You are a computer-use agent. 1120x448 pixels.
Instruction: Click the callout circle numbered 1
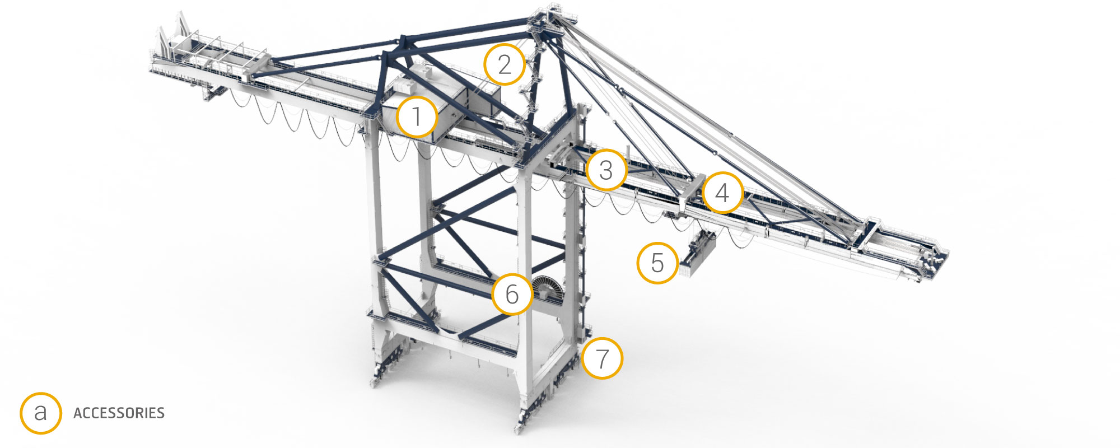(417, 118)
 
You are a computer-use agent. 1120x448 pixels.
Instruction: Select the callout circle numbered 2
(505, 65)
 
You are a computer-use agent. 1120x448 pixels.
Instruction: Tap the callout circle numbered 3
(606, 170)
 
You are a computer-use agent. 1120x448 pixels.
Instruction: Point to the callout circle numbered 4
(722, 193)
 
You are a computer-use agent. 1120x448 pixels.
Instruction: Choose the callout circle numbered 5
(657, 263)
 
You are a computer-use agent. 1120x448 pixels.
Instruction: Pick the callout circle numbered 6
(512, 294)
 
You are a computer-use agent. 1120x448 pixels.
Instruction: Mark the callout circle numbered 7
(602, 358)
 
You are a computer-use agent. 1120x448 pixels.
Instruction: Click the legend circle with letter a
(41, 413)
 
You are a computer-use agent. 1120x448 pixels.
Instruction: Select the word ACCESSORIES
(119, 413)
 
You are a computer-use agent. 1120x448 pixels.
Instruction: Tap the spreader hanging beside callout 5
(697, 255)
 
